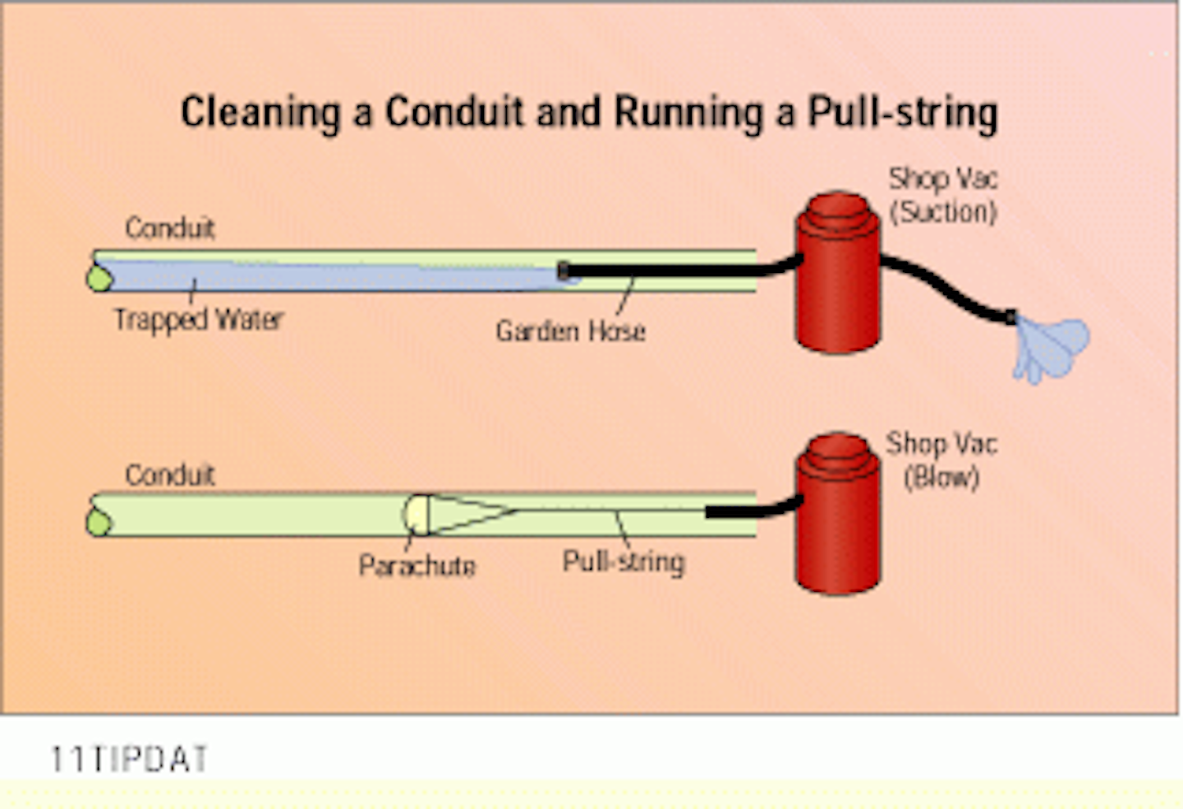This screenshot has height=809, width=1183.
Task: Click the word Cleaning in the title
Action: click(260, 113)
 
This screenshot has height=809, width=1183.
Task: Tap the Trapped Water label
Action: click(198, 319)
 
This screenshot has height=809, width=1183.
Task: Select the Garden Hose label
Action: click(570, 331)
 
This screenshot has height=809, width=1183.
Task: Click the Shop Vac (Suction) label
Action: click(942, 196)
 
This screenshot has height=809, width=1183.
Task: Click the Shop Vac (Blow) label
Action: click(941, 460)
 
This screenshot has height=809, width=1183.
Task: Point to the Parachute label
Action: click(417, 566)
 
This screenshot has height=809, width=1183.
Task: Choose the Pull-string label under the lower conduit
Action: click(623, 562)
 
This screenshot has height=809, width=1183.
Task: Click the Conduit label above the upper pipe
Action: click(169, 228)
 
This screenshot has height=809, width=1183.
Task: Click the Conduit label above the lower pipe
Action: click(169, 475)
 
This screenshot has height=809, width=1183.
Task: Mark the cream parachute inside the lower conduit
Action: click(416, 514)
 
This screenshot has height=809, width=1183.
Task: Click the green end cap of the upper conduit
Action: click(99, 278)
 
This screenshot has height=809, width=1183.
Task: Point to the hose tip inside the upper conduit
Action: click(564, 270)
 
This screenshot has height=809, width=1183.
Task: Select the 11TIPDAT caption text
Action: click(129, 759)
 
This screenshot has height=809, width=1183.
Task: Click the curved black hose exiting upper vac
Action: click(945, 288)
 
